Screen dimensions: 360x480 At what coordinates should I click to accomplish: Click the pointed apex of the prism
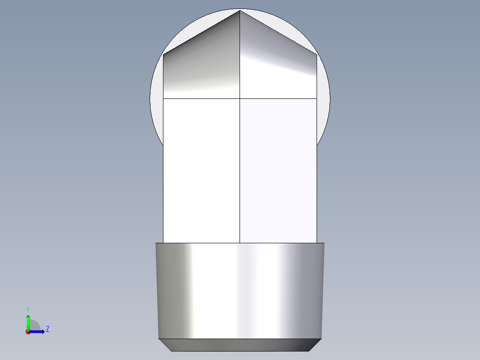[x=240, y=10]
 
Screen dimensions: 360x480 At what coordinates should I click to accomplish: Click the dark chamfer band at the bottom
[x=240, y=345]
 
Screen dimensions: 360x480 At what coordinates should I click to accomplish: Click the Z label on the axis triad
[x=47, y=329]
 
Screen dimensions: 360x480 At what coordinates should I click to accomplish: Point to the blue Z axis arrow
[x=38, y=331]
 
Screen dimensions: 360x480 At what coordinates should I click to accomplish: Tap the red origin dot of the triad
[x=28, y=332]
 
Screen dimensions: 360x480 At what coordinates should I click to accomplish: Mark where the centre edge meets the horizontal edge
[x=240, y=98]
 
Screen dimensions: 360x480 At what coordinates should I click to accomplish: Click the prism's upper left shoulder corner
[x=163, y=55]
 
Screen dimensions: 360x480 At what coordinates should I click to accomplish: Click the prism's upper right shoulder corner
[x=317, y=55]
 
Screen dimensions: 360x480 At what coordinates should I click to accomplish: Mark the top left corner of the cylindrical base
[x=155, y=243]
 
